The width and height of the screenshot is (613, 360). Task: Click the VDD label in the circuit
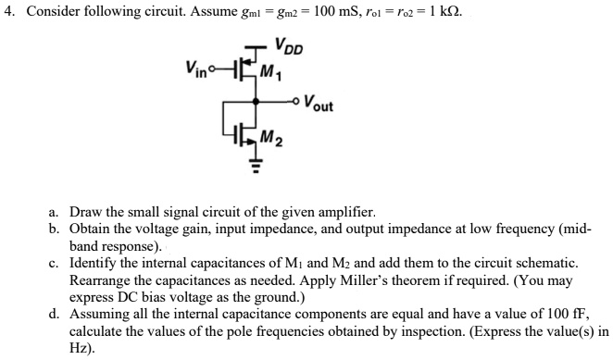tap(289, 45)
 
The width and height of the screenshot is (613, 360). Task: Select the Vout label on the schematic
tap(319, 105)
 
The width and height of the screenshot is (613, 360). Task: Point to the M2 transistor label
tap(271, 140)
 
